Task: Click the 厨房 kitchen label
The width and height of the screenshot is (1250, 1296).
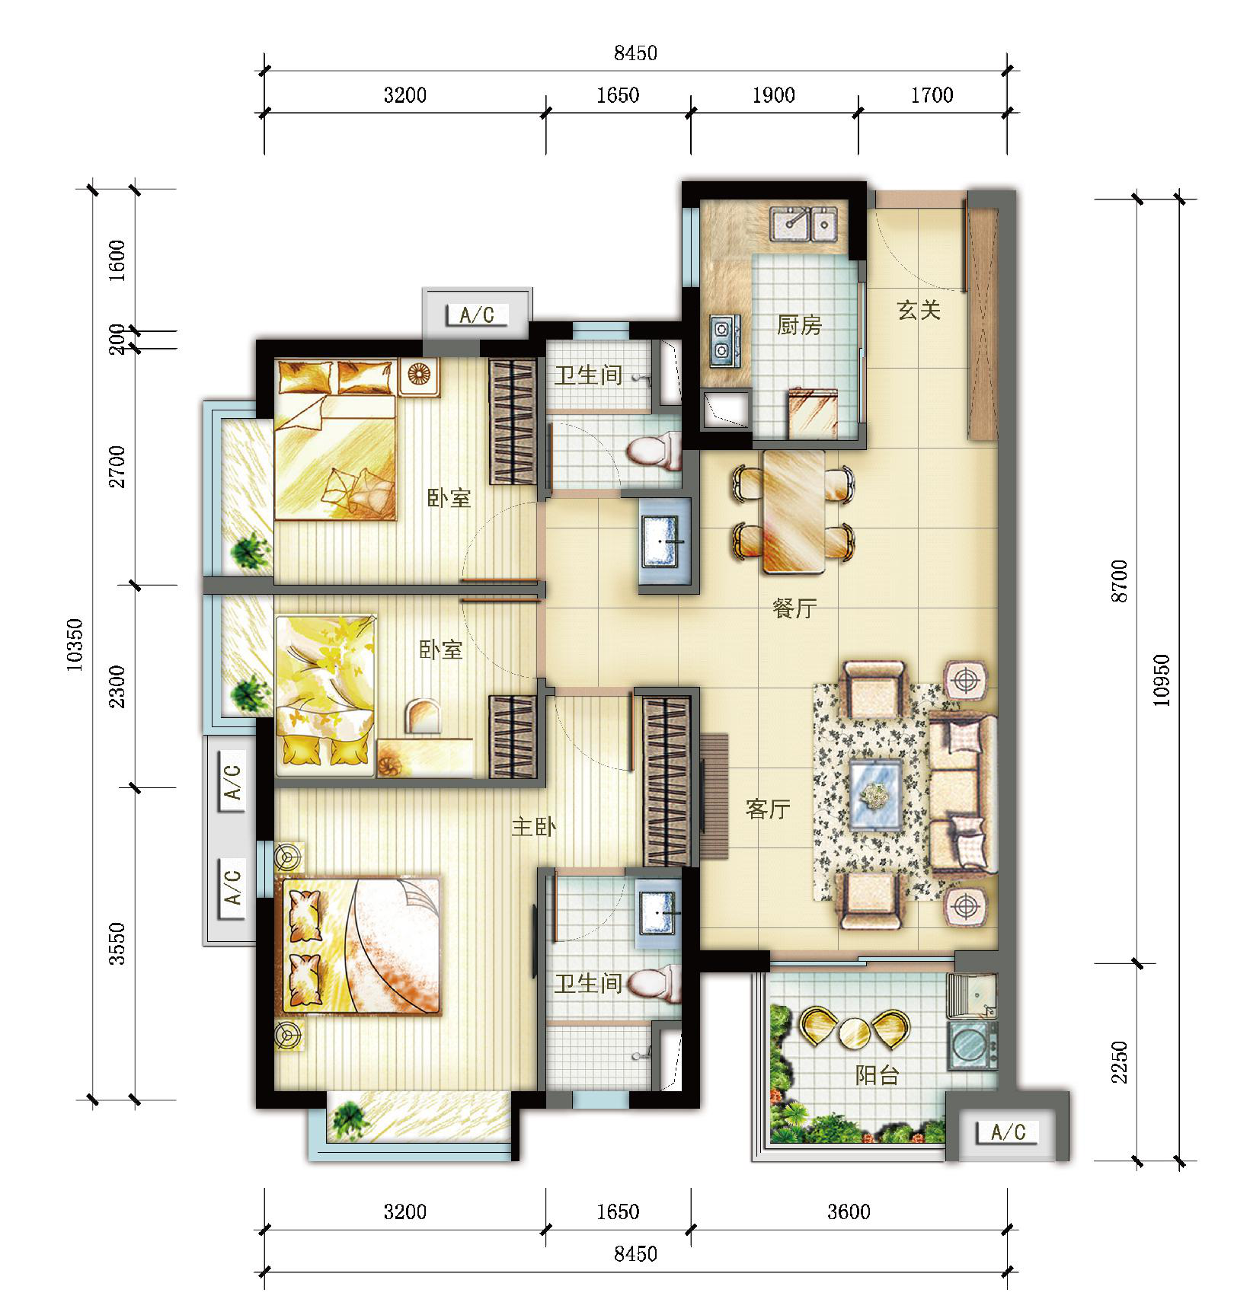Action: click(x=799, y=326)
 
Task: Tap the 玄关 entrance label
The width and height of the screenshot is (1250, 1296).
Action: click(x=919, y=310)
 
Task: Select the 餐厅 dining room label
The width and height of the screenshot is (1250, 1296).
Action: click(x=794, y=608)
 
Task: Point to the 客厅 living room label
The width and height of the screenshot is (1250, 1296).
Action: click(x=768, y=809)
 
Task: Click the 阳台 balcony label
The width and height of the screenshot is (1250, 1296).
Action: click(x=878, y=1074)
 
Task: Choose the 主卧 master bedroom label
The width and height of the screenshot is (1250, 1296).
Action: click(x=534, y=826)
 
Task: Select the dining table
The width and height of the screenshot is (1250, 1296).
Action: click(x=794, y=511)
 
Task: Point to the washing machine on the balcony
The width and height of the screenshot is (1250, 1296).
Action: click(x=972, y=1044)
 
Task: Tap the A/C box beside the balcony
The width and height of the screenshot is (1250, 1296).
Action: click(x=1008, y=1132)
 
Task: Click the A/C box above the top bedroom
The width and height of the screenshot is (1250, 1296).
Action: click(x=477, y=314)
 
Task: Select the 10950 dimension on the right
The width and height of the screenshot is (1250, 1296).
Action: click(x=1161, y=681)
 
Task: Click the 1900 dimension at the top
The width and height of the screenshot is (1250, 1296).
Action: click(x=773, y=95)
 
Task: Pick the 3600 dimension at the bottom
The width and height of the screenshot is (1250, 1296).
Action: click(x=849, y=1211)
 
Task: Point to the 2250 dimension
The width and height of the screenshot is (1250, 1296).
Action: click(x=1118, y=1062)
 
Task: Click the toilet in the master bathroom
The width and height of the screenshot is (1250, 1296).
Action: click(x=654, y=983)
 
